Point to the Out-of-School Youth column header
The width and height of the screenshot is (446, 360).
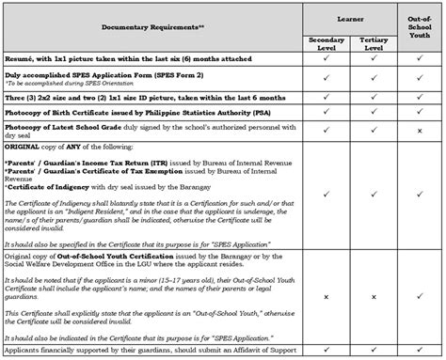pyautogui.click(x=421, y=26)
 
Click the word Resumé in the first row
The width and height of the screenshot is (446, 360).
pyautogui.click(x=21, y=60)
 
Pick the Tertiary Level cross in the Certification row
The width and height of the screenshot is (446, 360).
pyautogui.click(x=374, y=298)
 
